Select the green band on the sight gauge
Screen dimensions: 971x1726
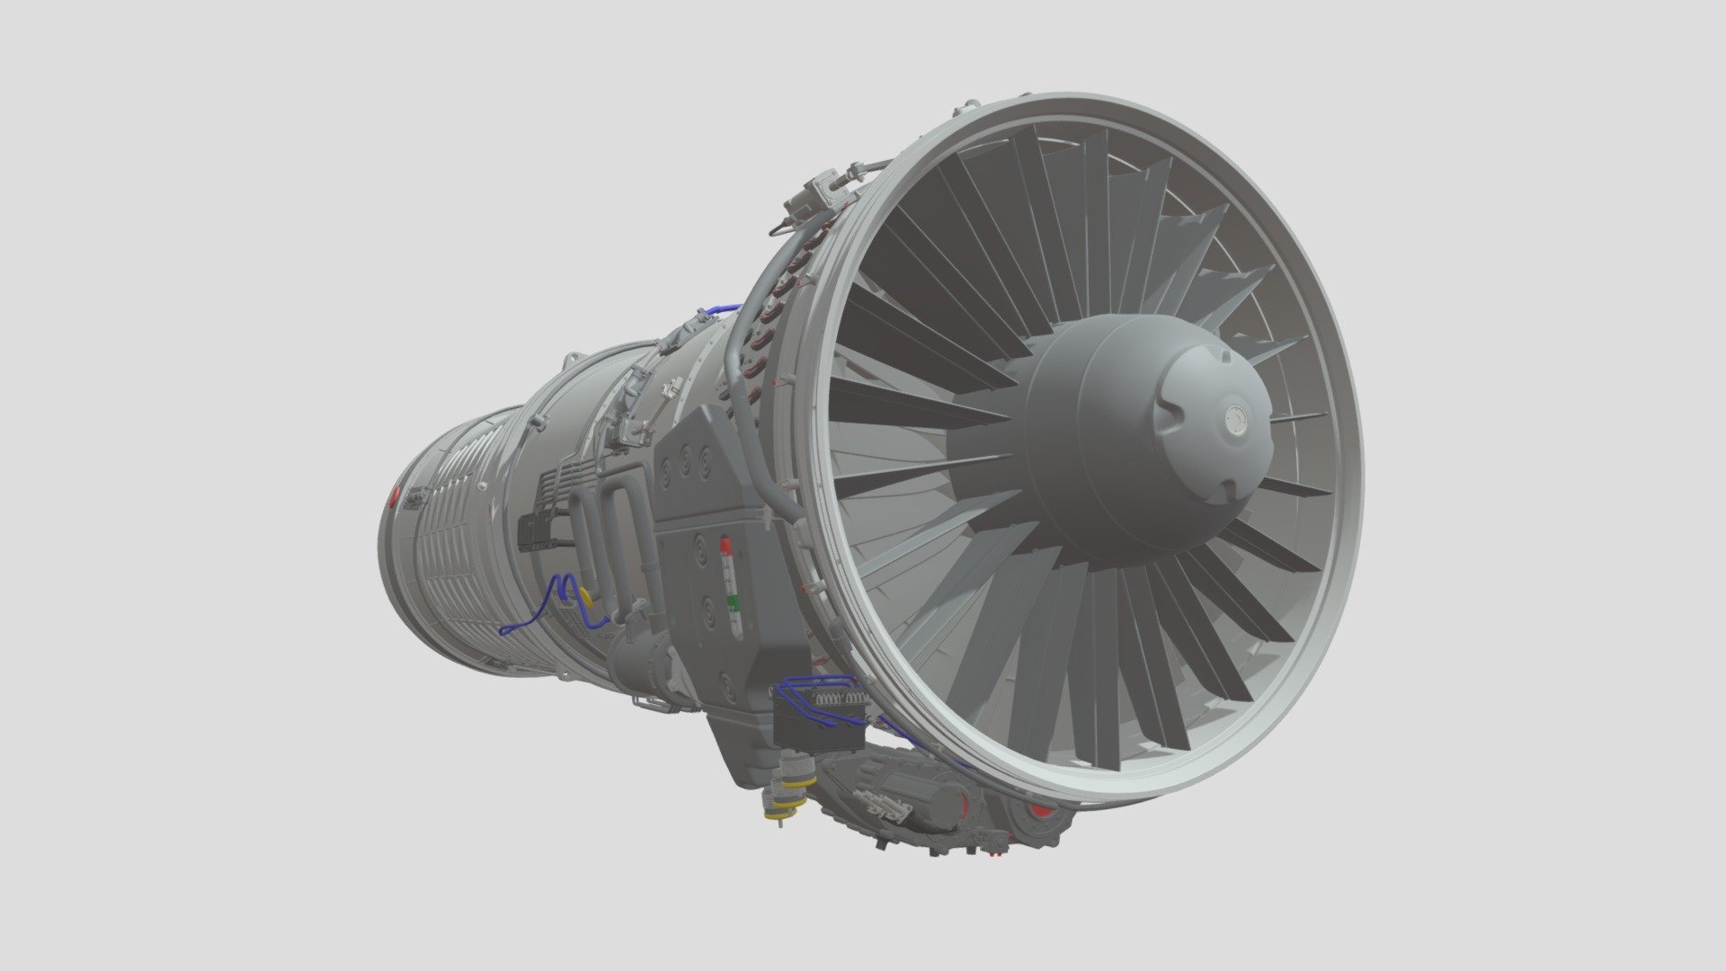734,601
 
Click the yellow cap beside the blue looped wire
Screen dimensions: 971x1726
585,595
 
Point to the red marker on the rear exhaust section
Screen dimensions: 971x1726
396,497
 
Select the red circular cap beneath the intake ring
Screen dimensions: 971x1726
1040,814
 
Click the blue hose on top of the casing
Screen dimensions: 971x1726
719,309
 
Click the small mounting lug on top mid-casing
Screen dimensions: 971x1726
569,361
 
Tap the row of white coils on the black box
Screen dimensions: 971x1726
841,698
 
